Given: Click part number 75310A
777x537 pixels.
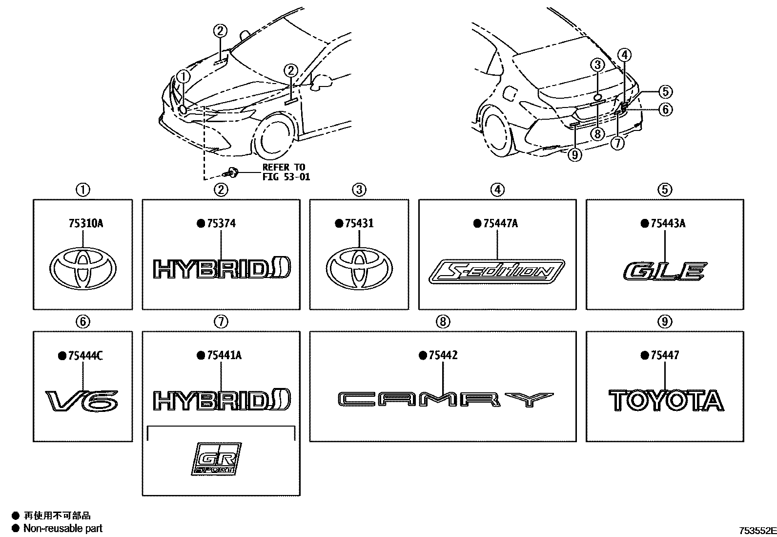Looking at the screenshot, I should point(85,223).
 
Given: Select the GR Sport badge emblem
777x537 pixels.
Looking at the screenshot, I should point(216,458).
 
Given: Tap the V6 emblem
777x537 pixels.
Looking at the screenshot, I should point(82,401).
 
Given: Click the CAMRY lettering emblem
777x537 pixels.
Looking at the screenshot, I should point(446,399).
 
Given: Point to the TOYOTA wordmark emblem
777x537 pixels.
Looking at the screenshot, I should point(666,401).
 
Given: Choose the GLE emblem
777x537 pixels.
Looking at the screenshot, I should point(665,271).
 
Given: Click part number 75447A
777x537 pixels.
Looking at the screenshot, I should point(500,223).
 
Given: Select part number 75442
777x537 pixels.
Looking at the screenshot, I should point(443,355).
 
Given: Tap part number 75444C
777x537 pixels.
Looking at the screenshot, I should point(85,356).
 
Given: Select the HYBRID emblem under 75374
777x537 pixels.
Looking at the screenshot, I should point(222,269).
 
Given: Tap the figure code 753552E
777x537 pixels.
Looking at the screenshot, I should point(757,530).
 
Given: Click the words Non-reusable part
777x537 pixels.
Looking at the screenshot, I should point(63,528).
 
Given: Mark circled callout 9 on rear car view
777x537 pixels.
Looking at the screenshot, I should point(576,155).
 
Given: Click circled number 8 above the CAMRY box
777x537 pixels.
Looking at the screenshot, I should point(442,322).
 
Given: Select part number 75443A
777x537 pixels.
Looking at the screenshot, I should point(668,223).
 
